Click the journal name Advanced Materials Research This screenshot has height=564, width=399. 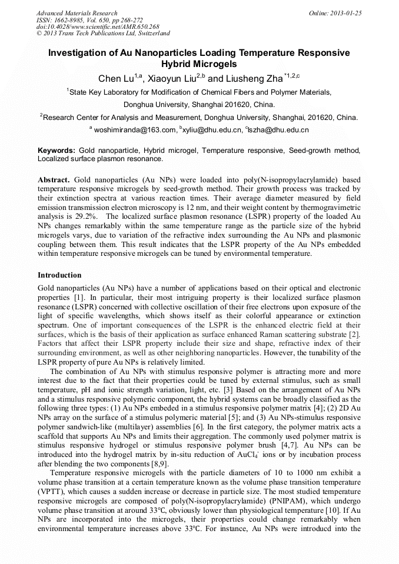tap(77, 13)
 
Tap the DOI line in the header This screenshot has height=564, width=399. tap(97, 26)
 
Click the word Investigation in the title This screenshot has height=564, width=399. tap(79, 53)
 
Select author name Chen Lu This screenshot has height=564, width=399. tap(116, 79)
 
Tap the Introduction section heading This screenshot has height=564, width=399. tap(59, 275)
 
